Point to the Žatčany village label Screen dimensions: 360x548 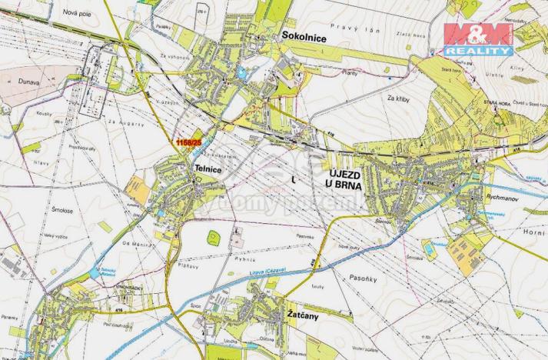[304, 315]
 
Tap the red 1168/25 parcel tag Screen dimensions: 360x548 [188, 142]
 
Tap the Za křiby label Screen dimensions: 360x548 [400, 99]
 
